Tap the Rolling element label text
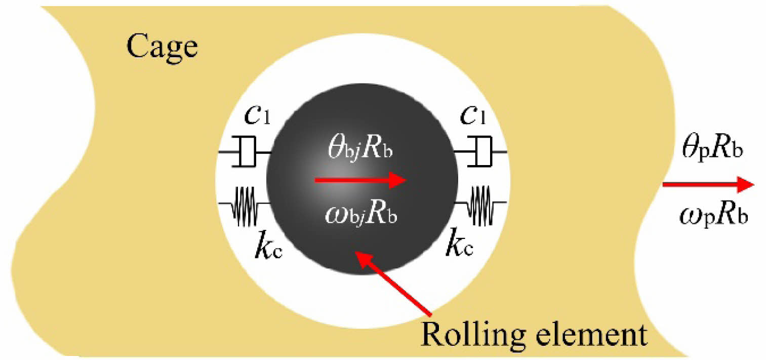[x=534, y=334]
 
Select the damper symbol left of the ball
[x=245, y=152]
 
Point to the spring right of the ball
[x=480, y=205]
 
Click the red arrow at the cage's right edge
[x=709, y=185]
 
